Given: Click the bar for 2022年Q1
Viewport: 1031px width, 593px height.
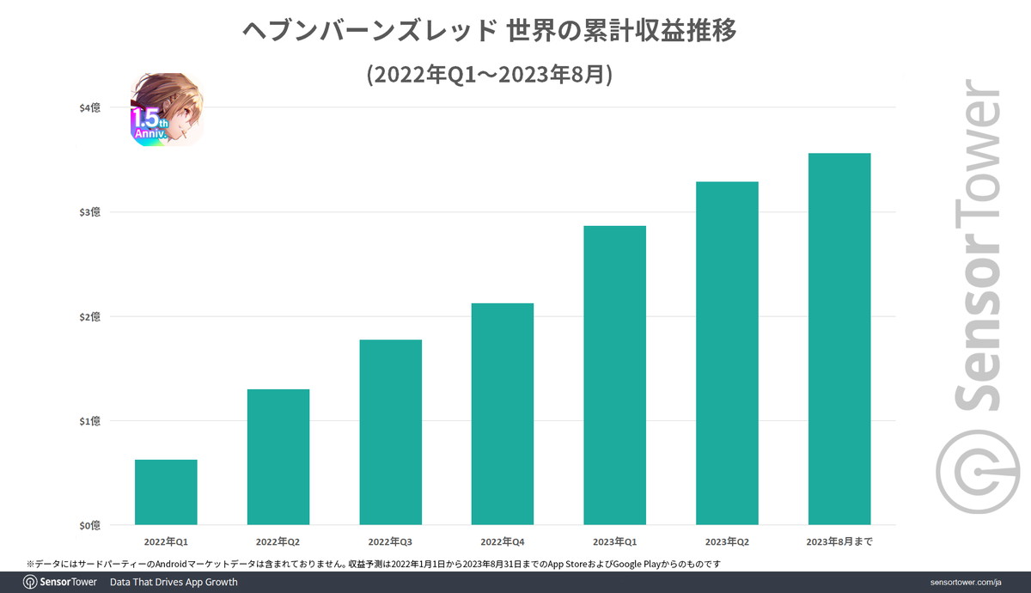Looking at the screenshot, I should click(166, 492).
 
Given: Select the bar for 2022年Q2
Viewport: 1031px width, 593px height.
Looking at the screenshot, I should click(278, 456).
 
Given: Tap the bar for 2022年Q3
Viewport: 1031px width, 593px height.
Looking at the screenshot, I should click(390, 431).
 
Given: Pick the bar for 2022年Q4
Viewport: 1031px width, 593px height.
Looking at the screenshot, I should click(503, 413).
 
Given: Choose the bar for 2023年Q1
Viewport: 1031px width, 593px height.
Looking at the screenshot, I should click(614, 375).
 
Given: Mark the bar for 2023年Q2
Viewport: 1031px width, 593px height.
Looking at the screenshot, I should click(727, 352).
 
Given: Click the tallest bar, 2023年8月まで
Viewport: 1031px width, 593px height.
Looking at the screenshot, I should click(839, 339).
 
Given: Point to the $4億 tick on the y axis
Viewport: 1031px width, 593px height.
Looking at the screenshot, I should click(89, 107).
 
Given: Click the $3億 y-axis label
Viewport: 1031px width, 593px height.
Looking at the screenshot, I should click(89, 212).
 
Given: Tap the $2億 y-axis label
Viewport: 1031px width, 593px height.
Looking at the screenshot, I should click(89, 316).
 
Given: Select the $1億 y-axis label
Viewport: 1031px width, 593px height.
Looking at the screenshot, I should click(89, 421).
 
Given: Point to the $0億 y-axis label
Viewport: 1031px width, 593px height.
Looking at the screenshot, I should click(89, 525).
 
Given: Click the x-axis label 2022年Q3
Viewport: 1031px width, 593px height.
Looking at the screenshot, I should click(390, 541).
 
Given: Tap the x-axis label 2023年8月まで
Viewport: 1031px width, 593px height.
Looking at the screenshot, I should click(839, 541).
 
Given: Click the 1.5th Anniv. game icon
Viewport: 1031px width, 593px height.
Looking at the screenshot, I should click(168, 109).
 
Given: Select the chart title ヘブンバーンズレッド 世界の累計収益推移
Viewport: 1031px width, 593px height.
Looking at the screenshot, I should click(489, 32).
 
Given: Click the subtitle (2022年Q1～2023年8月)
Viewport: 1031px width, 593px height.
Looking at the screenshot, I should click(489, 76).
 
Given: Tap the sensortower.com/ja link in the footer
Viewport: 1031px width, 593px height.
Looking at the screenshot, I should click(966, 583).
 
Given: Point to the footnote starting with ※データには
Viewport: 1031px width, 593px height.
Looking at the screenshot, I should click(373, 563).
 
